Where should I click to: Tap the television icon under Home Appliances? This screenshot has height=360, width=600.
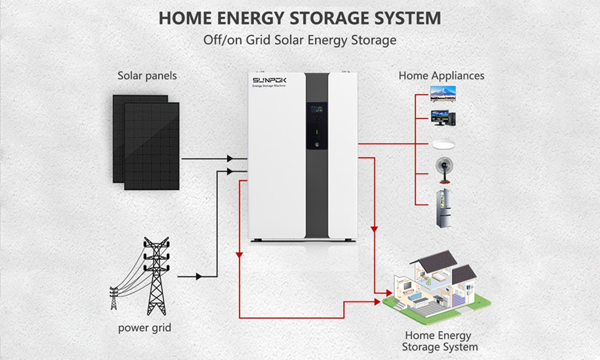442,92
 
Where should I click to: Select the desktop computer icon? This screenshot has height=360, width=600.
442,118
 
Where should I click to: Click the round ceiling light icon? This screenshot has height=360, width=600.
442,145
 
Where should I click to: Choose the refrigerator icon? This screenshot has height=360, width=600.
442,207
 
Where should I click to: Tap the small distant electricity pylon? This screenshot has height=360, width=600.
114,298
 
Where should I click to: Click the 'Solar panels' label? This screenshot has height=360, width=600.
147,76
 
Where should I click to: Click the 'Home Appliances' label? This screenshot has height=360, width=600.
441,76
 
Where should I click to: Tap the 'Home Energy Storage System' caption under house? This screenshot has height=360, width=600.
440,341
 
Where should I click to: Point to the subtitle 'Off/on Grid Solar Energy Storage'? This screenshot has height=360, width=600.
300,41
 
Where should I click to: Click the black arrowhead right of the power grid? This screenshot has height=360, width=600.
198,277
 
